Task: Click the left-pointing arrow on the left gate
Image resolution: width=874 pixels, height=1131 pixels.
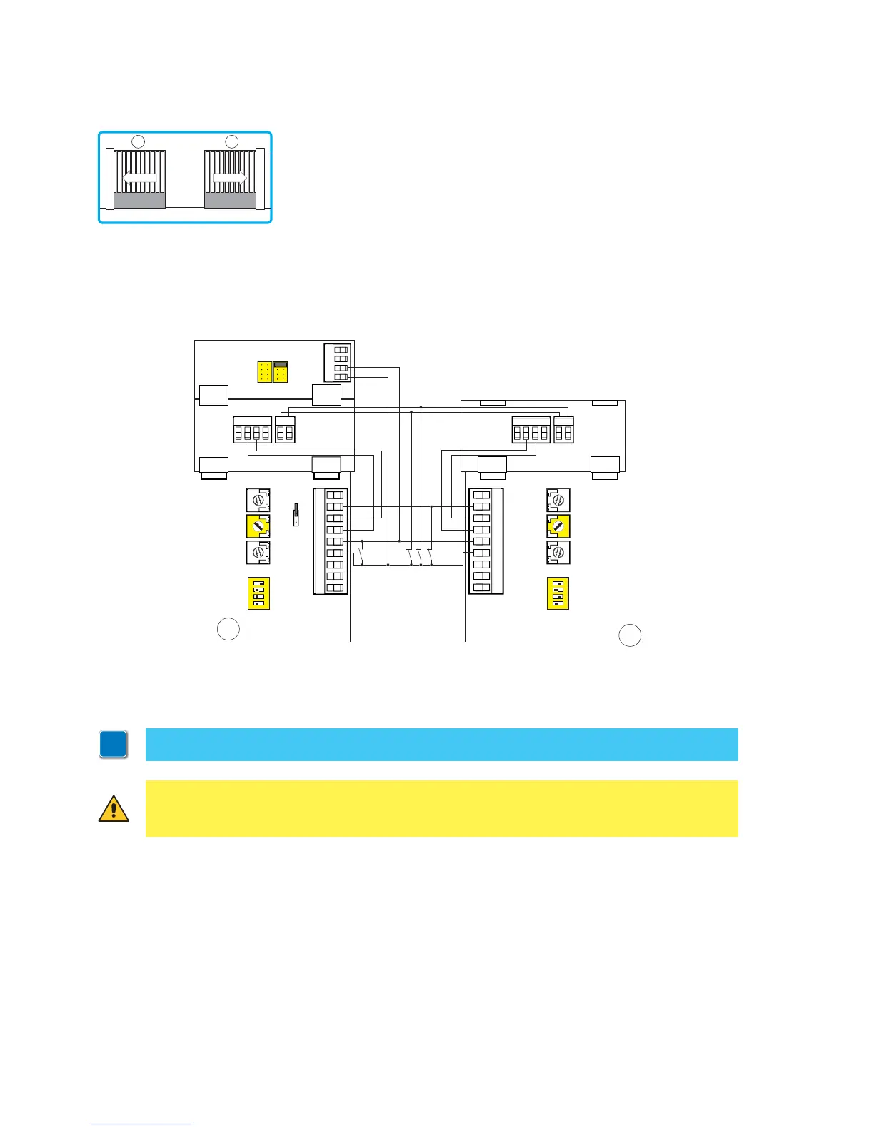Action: [140, 177]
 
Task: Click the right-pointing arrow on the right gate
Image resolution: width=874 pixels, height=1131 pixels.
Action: [230, 177]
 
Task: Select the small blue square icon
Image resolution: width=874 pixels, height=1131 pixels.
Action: [114, 745]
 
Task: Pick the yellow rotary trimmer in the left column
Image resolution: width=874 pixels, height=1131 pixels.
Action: [258, 526]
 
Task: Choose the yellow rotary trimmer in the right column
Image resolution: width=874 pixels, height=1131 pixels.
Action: [558, 526]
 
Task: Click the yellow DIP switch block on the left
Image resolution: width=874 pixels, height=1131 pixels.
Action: [258, 593]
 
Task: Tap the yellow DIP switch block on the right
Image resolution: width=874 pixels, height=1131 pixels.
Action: [558, 593]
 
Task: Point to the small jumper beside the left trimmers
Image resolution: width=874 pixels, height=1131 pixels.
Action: [296, 515]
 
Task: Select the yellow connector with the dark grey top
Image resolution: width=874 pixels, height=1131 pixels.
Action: [281, 371]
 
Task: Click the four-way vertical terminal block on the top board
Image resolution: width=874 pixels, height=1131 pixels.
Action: [338, 363]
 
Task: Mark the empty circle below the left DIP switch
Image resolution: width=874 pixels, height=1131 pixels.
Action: [228, 629]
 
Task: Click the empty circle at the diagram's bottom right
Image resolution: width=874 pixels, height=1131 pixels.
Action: [629, 635]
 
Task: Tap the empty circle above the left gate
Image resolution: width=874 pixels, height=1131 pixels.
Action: [139, 141]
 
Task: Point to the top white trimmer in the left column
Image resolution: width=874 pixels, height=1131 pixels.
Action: [258, 500]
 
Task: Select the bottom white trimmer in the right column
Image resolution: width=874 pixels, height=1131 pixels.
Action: [558, 553]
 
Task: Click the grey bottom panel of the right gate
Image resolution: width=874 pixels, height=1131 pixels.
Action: [230, 200]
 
